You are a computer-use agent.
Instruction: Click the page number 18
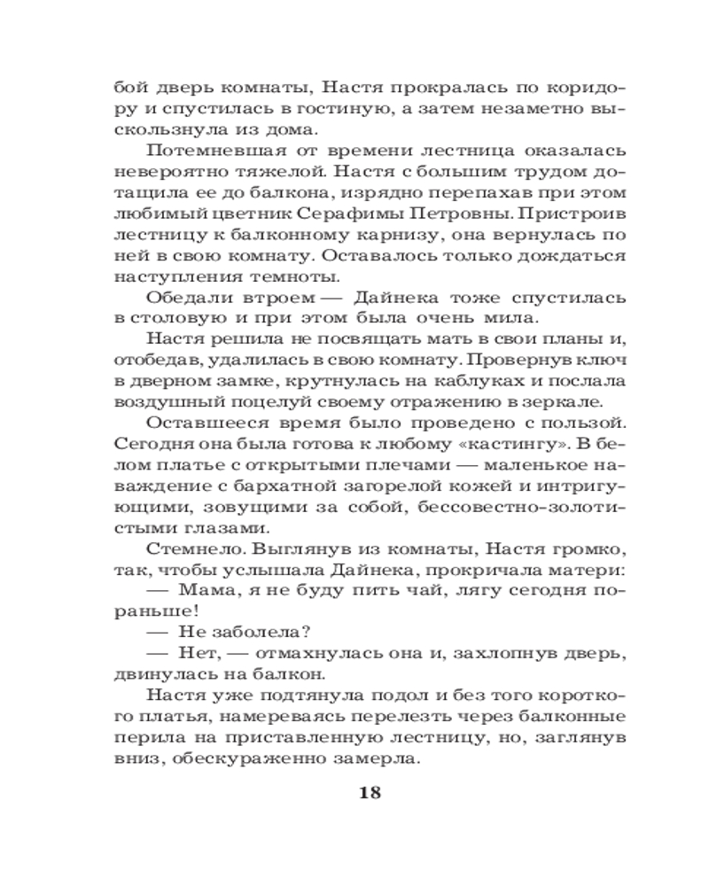(x=370, y=792)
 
